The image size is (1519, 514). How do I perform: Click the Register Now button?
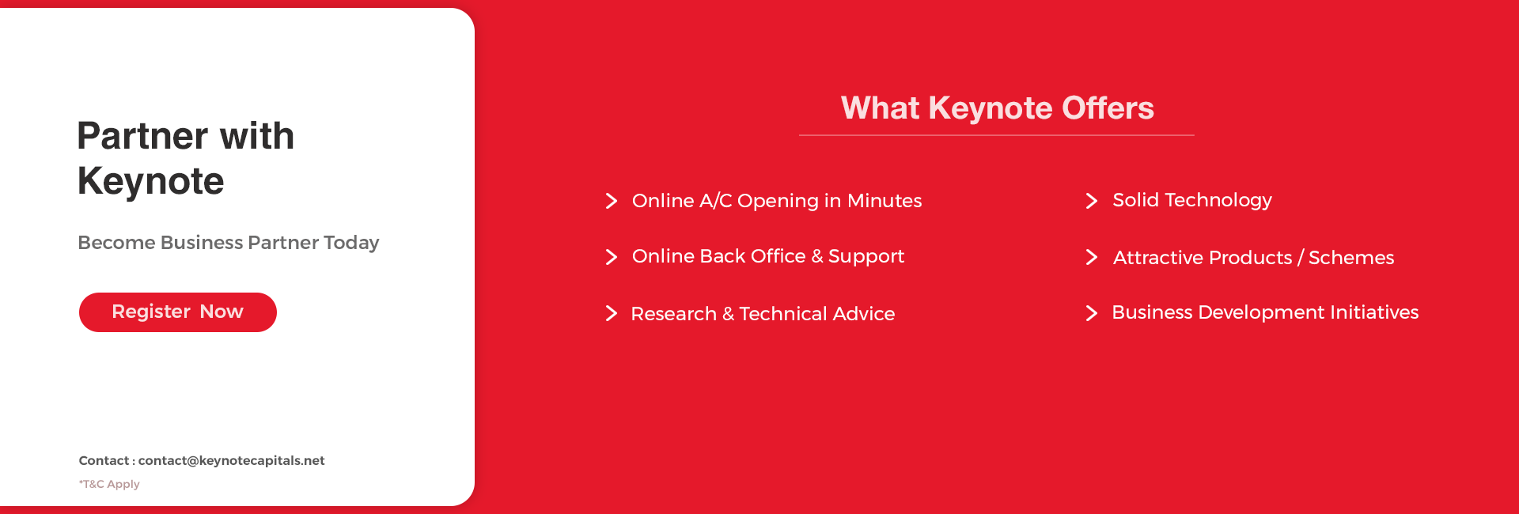click(x=178, y=312)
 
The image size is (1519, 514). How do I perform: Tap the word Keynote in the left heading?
click(x=151, y=181)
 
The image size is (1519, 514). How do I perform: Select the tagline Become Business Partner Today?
click(x=229, y=243)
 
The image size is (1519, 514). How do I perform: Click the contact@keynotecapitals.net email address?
click(x=232, y=460)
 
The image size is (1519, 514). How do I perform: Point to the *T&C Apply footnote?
click(x=109, y=484)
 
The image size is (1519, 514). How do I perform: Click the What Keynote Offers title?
click(x=997, y=108)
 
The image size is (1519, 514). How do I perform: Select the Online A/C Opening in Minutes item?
click(x=777, y=201)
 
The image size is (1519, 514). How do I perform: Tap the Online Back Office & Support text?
click(x=768, y=256)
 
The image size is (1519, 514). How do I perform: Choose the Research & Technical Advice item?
click(x=763, y=314)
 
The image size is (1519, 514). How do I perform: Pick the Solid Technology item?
click(x=1192, y=200)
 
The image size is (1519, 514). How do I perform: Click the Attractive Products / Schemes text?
click(x=1253, y=258)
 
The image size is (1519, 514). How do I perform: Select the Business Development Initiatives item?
click(x=1265, y=312)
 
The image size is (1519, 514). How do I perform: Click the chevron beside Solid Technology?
click(x=1092, y=201)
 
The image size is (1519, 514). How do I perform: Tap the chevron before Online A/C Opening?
click(x=611, y=201)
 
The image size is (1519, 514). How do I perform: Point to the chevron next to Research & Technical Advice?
click(x=611, y=313)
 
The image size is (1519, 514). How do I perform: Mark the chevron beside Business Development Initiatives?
click(x=1092, y=313)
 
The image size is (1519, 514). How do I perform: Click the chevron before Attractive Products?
click(x=1092, y=257)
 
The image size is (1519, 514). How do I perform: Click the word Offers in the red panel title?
click(x=1108, y=108)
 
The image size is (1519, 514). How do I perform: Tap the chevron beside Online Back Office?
click(x=611, y=257)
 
